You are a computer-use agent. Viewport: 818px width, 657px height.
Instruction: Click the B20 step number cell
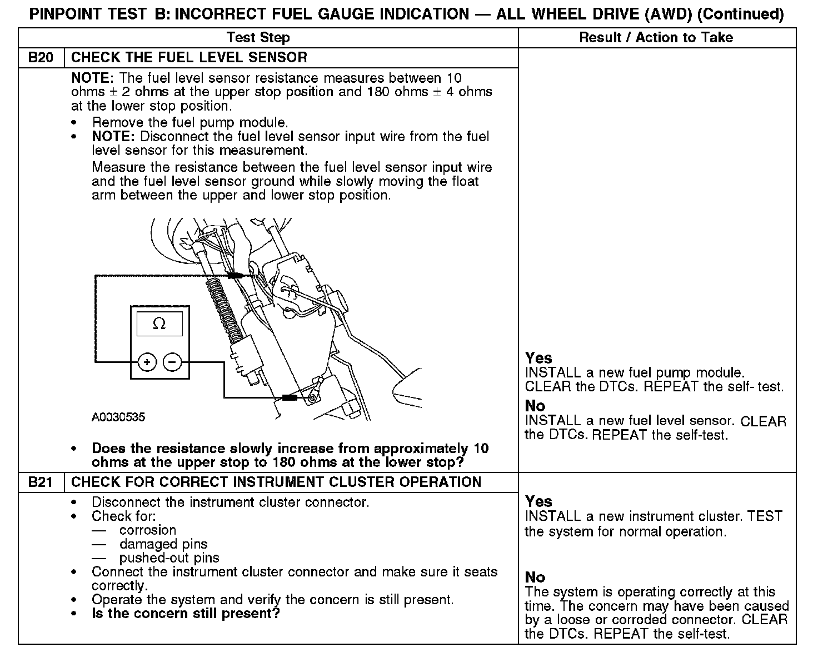(41, 58)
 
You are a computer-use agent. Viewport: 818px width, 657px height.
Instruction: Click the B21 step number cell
(41, 482)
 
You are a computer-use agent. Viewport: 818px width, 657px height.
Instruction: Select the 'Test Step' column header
(258, 38)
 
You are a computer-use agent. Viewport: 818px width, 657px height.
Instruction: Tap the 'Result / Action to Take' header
(656, 38)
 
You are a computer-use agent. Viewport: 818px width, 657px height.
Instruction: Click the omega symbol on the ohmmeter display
(159, 323)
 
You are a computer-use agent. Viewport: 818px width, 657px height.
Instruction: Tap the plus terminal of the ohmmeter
(147, 362)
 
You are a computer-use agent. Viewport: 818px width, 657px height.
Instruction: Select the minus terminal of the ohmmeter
(172, 362)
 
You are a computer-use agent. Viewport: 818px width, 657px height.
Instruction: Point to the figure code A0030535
(119, 417)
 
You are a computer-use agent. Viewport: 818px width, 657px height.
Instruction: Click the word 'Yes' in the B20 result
(538, 358)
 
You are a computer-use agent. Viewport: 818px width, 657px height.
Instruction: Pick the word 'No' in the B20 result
(535, 406)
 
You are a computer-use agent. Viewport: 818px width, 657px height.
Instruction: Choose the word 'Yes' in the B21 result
(538, 501)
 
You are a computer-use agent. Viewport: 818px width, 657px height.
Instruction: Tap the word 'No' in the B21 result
(535, 578)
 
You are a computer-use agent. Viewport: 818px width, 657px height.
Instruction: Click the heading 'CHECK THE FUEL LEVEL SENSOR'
(189, 58)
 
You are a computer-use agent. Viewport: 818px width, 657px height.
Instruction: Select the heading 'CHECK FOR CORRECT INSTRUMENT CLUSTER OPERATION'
(276, 482)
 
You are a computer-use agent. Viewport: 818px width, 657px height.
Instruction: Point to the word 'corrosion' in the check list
(147, 530)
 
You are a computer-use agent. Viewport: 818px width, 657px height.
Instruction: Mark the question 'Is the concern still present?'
(186, 614)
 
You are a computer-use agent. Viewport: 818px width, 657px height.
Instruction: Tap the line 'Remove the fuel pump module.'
(190, 123)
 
